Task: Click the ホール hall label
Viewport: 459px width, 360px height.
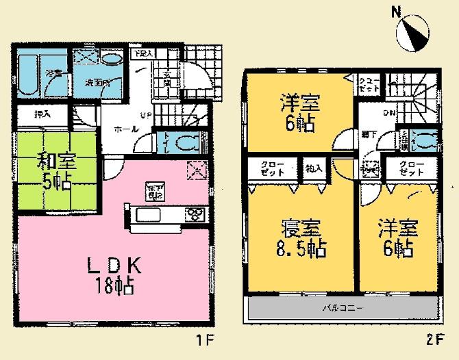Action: pyautogui.click(x=124, y=128)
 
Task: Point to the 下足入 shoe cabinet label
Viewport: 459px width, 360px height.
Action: pyautogui.click(x=142, y=53)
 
